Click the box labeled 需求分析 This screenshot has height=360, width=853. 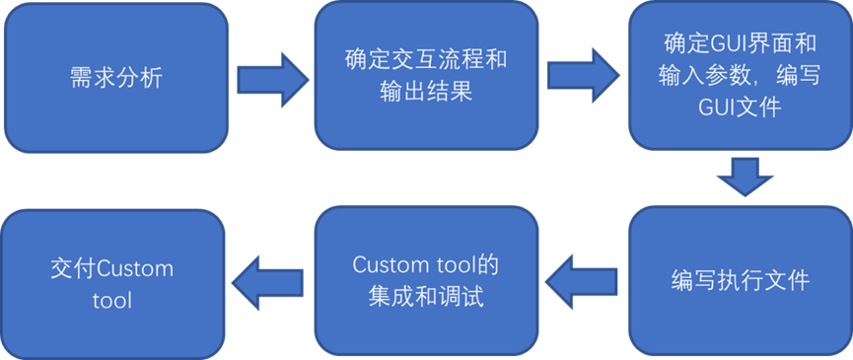coord(115,77)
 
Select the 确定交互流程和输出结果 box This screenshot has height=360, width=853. coord(426,76)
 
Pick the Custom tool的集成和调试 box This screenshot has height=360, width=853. coord(426,280)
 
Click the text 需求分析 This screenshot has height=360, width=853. coord(115,78)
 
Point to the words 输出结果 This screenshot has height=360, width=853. coord(426,93)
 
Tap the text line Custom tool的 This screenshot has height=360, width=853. coord(426,265)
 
